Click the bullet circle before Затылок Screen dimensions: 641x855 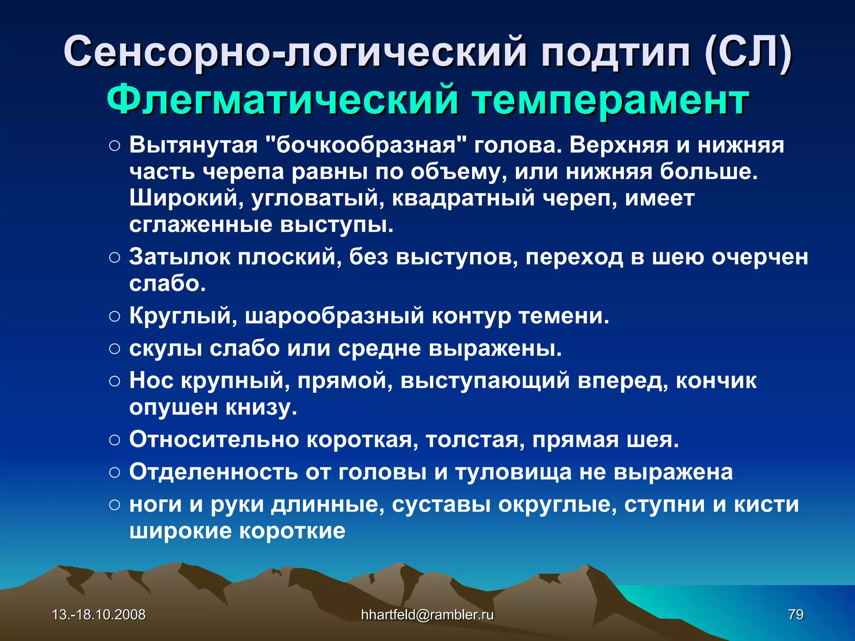point(114,257)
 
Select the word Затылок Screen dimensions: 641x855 point(180,257)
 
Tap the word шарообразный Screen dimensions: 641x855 point(334,316)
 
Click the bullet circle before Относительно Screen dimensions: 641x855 point(114,440)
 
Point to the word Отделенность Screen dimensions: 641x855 point(213,472)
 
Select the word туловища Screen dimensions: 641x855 point(514,472)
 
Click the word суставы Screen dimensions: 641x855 point(441,505)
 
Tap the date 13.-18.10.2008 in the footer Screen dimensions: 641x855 point(99,615)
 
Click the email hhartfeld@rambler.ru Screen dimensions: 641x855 point(427,615)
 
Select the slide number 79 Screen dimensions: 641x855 point(796,615)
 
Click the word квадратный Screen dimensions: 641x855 point(463,198)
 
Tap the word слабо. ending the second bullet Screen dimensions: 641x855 point(167,284)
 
